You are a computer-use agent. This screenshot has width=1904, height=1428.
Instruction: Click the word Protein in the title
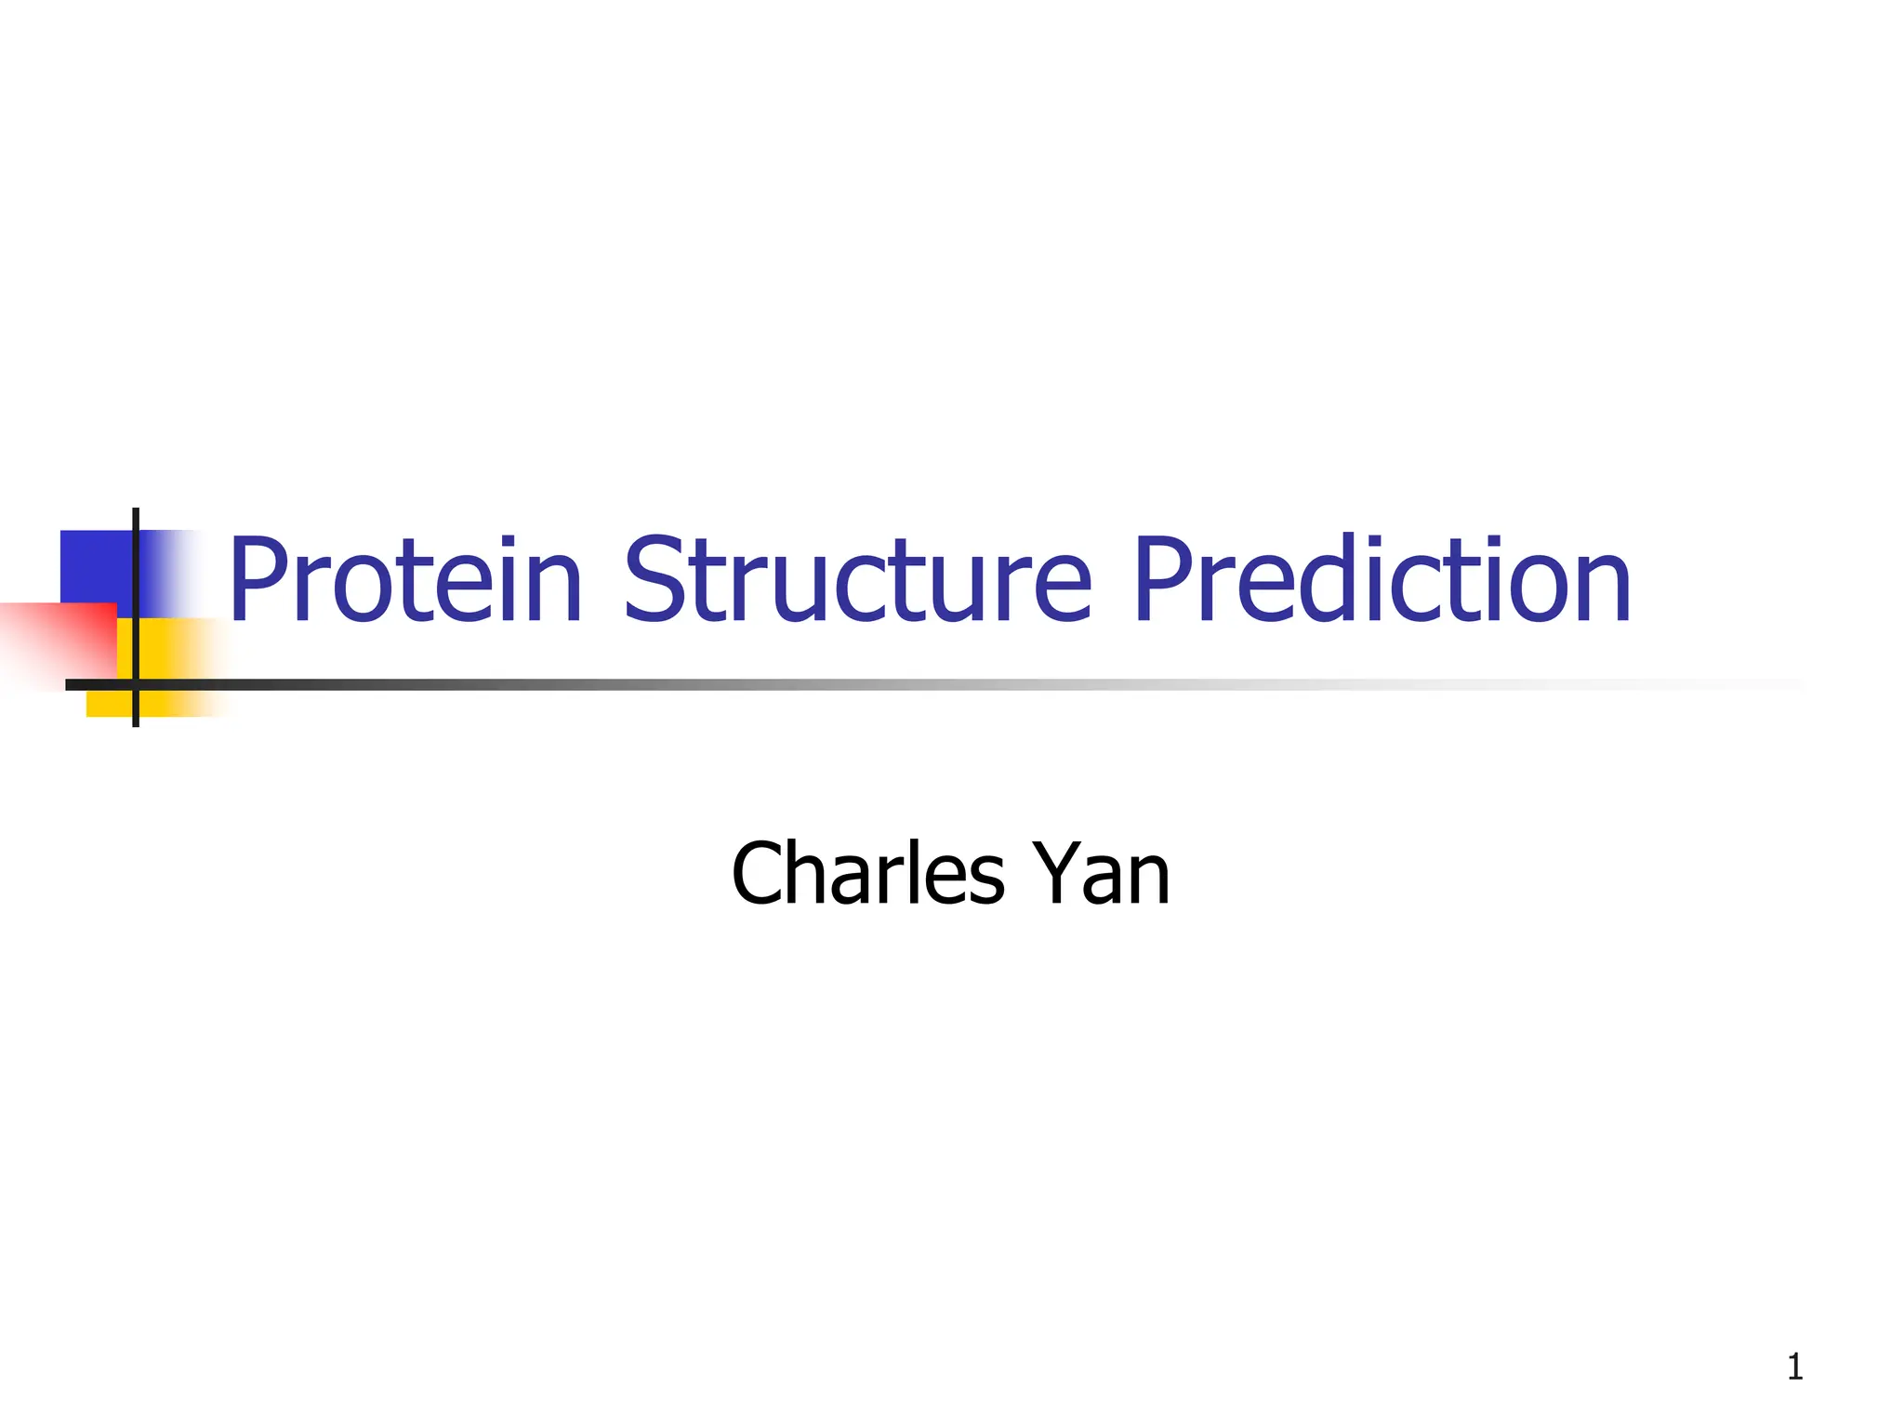pos(405,580)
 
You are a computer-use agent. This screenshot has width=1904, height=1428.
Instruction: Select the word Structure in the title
pos(857,580)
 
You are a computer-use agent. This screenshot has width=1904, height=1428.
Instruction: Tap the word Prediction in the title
pos(1382,580)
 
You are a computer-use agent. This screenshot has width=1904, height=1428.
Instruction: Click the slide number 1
pos(1794,1368)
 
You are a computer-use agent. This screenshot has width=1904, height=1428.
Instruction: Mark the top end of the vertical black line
pos(136,512)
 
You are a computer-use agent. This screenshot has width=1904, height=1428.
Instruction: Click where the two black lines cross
pos(136,685)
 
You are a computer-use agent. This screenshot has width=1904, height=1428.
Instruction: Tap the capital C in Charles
pos(760,873)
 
